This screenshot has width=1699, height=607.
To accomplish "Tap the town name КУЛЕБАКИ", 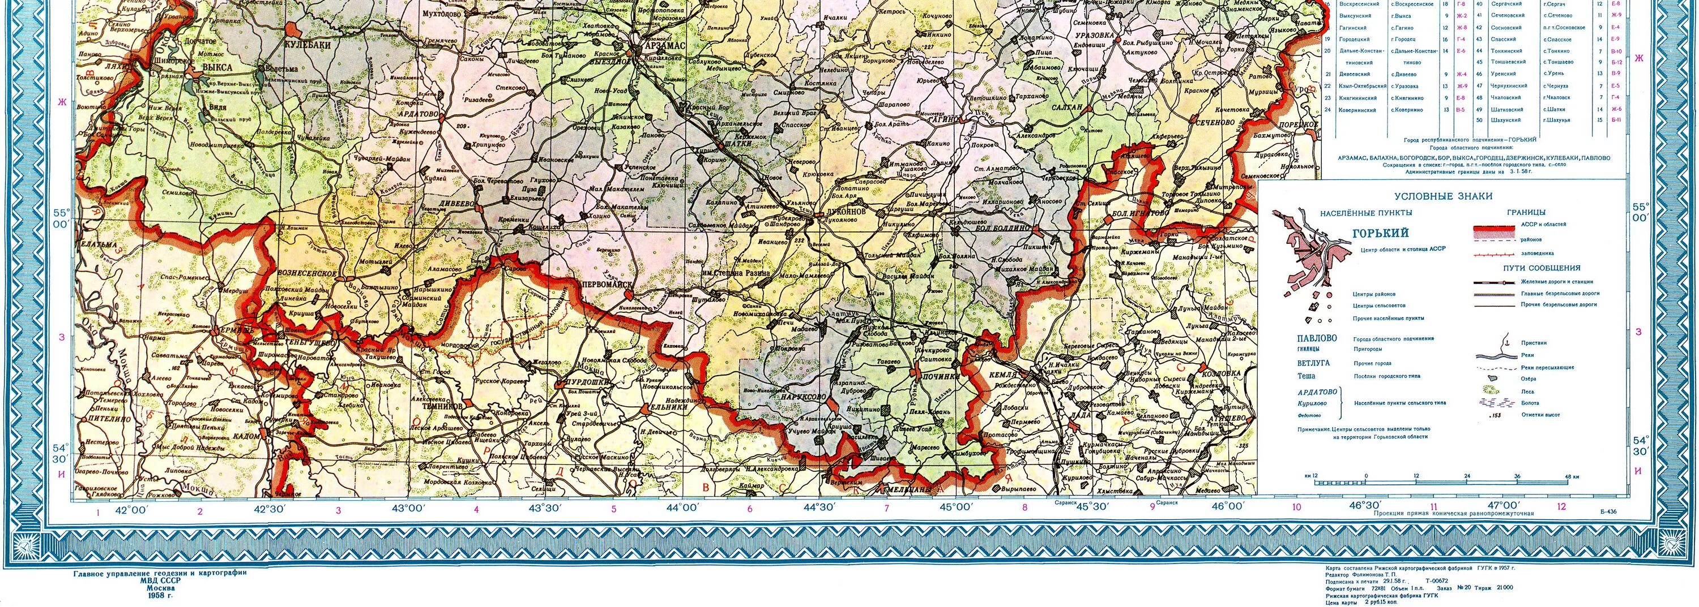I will tap(307, 44).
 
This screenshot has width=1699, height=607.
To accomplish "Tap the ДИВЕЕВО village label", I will tap(457, 204).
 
